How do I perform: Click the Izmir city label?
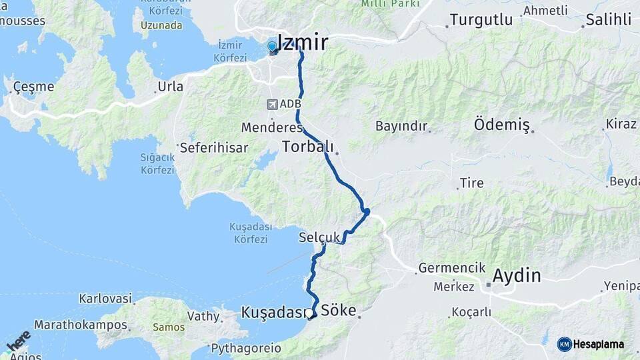coord(302,43)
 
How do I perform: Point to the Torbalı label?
coord(307,147)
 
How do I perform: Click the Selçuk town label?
coord(320,237)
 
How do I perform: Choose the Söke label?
coord(339,311)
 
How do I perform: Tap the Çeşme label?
coord(34,87)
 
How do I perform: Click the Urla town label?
coord(170,86)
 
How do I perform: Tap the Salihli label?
coord(608,20)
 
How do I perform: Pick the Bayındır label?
coord(401,125)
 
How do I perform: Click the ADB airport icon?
coord(272,104)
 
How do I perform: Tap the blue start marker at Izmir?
coord(272,47)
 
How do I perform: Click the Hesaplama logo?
coord(591,344)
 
